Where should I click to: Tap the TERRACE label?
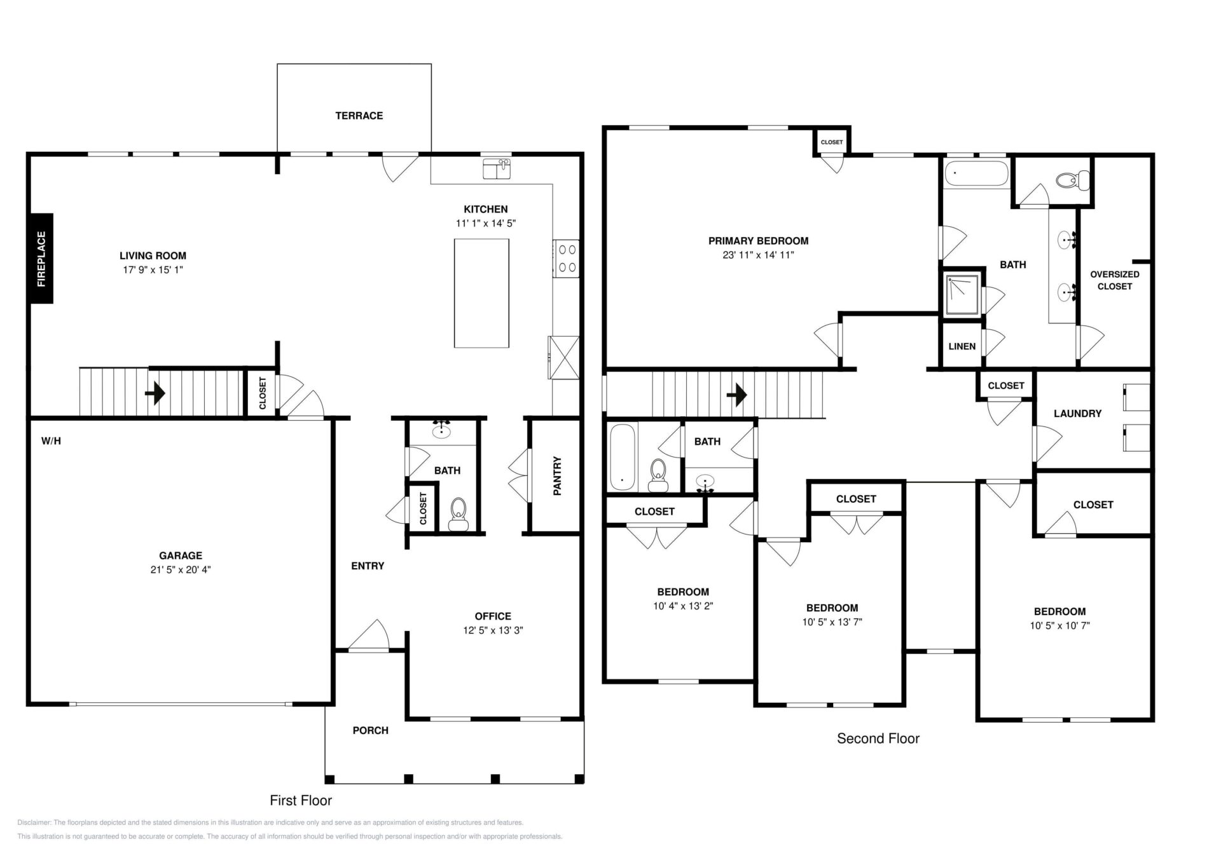click(359, 116)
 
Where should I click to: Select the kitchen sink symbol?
click(497, 170)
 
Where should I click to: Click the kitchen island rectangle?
click(481, 293)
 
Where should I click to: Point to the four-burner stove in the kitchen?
click(566, 259)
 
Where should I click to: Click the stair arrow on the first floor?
click(155, 393)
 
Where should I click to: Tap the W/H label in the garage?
click(52, 441)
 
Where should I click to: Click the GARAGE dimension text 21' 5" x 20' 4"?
click(181, 570)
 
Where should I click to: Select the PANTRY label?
click(557, 475)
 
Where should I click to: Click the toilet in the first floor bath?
click(458, 513)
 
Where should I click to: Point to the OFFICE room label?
click(493, 616)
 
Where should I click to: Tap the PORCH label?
click(371, 731)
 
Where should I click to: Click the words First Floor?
click(301, 801)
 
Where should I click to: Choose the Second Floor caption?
click(878, 738)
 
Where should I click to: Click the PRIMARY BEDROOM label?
click(759, 241)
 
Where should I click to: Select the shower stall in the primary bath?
click(962, 294)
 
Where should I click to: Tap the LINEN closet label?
click(962, 346)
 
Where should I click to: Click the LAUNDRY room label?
click(1077, 414)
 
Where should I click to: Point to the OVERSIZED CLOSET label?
click(1115, 280)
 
